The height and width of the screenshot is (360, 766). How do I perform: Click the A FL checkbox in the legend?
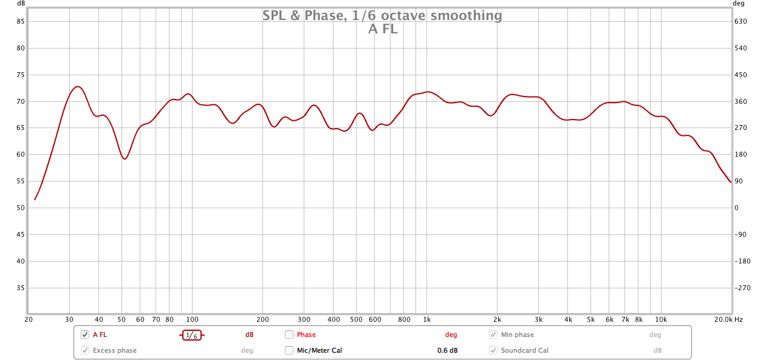click(85, 335)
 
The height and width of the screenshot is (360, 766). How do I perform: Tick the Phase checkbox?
click(289, 335)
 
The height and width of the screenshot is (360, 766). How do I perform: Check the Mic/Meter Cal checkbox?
click(289, 350)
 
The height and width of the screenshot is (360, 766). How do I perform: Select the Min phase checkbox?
click(493, 335)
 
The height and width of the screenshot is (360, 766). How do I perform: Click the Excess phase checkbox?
click(85, 350)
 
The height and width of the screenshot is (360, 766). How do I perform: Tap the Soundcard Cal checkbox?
click(493, 350)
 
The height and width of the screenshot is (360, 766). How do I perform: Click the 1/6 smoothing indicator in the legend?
click(191, 335)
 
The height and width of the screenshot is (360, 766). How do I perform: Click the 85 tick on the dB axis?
click(20, 21)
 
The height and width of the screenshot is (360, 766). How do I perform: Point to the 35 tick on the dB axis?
click(20, 288)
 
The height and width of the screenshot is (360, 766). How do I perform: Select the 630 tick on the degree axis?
click(740, 21)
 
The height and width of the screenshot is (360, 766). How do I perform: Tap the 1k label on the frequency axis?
click(426, 319)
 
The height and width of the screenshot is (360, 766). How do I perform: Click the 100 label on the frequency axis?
click(192, 319)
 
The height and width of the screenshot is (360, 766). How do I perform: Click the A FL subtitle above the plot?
click(383, 29)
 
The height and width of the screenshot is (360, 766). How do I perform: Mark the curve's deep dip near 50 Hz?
click(125, 158)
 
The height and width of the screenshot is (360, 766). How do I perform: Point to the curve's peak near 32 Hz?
click(77, 87)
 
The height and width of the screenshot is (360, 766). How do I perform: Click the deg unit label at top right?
click(738, 3)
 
